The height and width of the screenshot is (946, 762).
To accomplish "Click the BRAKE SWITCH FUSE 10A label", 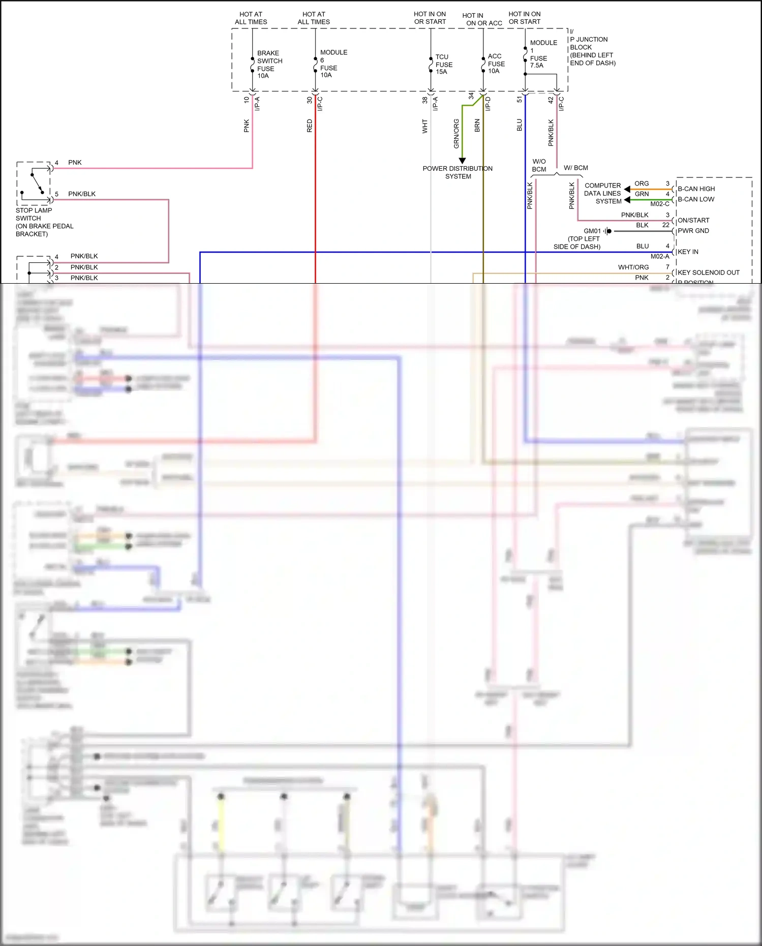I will click(x=269, y=64).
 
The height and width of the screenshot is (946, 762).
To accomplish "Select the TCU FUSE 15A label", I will click(x=443, y=65).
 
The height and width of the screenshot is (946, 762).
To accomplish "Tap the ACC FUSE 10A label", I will click(x=496, y=64).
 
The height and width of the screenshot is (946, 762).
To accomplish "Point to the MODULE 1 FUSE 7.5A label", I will click(x=542, y=54).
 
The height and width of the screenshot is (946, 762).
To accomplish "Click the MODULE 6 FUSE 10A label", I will click(x=333, y=64).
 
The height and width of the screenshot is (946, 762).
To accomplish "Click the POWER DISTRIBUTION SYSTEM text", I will click(x=458, y=172).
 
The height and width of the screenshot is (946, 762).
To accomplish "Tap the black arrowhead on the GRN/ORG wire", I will click(x=462, y=161).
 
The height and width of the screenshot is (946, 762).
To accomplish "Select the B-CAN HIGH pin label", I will click(x=696, y=189).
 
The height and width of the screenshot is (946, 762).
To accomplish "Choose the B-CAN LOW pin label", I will click(x=695, y=199).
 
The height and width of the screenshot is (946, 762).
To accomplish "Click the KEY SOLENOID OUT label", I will click(x=708, y=272).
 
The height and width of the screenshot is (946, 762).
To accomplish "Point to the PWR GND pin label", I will click(x=693, y=231).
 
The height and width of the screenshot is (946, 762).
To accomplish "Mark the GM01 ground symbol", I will click(x=607, y=231).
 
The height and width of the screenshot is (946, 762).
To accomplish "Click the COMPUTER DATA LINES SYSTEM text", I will click(x=603, y=193).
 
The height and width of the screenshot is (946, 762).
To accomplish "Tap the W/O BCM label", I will click(x=539, y=165).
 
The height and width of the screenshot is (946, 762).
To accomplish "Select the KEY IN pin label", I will click(x=688, y=252).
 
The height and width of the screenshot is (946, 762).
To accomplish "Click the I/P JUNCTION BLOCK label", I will click(x=592, y=47).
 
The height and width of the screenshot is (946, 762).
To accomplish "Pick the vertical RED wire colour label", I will click(x=310, y=126).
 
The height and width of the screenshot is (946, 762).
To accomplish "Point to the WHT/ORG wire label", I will click(x=633, y=267).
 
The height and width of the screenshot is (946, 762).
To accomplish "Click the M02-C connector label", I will click(x=659, y=204).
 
